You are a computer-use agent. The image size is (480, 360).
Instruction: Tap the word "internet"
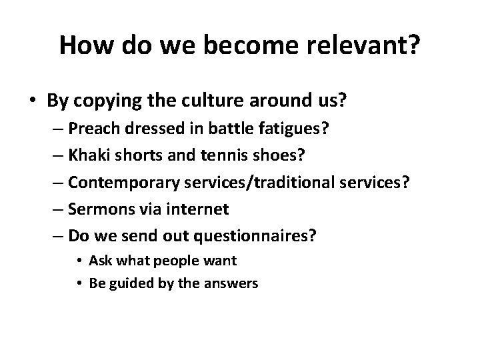point(201,210)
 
